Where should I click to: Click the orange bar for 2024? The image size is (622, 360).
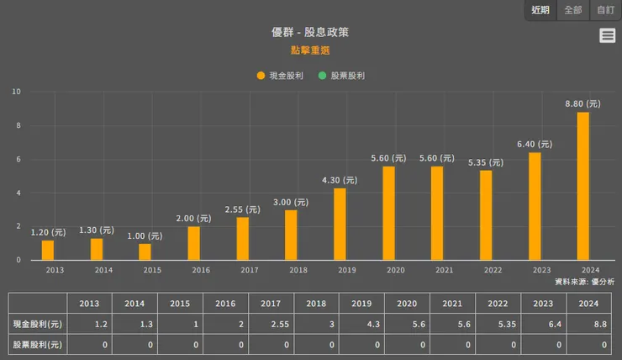(x=583, y=186)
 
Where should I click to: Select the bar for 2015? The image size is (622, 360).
(x=145, y=251)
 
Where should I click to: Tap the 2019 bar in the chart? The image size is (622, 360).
(x=340, y=224)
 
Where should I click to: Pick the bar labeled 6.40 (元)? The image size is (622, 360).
(x=535, y=206)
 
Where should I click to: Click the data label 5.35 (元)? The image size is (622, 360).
(x=486, y=162)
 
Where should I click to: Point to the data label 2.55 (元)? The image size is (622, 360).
(x=243, y=209)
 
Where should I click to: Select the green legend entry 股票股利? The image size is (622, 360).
(x=341, y=76)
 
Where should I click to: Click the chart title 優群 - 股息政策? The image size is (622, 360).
(x=310, y=32)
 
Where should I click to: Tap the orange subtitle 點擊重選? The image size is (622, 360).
(x=310, y=50)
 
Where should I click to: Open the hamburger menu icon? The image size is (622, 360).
(x=607, y=35)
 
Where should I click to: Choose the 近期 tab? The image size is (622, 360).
(x=540, y=10)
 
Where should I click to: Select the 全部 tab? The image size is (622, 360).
(x=573, y=10)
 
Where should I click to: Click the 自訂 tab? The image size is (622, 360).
(x=605, y=10)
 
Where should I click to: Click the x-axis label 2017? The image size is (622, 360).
(x=250, y=270)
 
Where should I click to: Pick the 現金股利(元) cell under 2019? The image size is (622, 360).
(x=361, y=324)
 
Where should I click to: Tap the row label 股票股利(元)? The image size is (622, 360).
(x=38, y=344)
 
